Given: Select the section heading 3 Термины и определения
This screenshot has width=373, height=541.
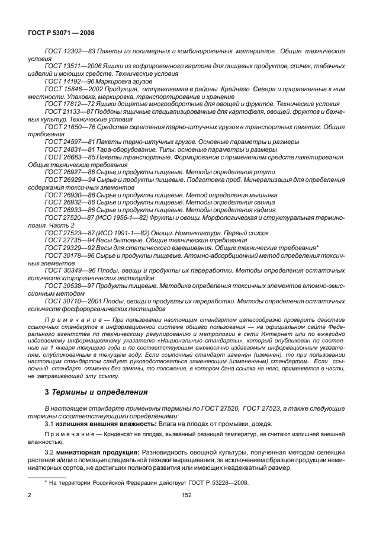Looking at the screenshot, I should pyautogui.click(x=92, y=392).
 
